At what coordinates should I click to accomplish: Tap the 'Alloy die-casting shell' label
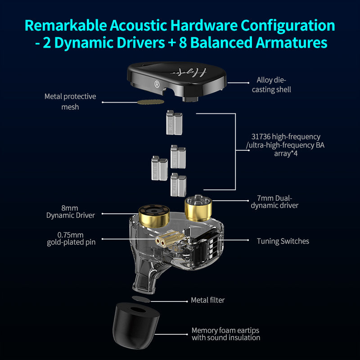pyautogui.click(x=274, y=85)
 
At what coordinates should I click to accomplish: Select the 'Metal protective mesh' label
pyautogui.click(x=70, y=102)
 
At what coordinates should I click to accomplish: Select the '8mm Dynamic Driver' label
pyautogui.click(x=71, y=211)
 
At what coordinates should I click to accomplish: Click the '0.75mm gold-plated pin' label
pyautogui.click(x=71, y=238)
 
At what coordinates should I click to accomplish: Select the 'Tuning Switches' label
pyautogui.click(x=283, y=241)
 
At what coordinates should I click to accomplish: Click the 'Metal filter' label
pyautogui.click(x=207, y=300)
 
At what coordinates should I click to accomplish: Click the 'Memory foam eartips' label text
pyautogui.click(x=225, y=330)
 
